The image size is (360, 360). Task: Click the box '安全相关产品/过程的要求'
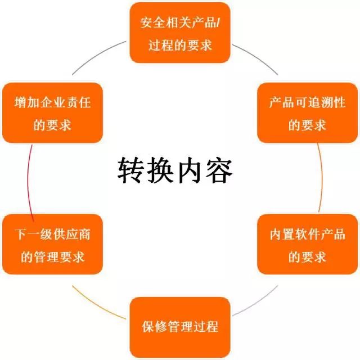tap(180, 33)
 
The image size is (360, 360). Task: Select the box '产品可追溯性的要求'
tap(308, 112)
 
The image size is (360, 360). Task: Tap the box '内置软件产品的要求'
tap(308, 244)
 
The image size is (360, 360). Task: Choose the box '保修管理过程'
tap(180, 327)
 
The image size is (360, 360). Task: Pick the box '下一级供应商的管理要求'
tap(52, 244)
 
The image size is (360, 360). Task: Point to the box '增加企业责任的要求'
tap(52, 112)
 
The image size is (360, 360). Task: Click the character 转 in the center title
tap(131, 170)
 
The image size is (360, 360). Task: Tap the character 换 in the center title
tap(160, 170)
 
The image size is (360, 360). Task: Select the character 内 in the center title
tap(190, 170)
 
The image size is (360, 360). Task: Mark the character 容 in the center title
tap(219, 170)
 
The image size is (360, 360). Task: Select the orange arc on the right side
tap(322, 178)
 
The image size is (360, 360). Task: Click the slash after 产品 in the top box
tap(218, 23)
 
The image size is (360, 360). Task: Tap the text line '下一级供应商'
tap(52, 235)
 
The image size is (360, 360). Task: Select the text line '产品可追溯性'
tap(308, 102)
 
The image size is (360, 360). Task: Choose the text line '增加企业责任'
tap(52, 102)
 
